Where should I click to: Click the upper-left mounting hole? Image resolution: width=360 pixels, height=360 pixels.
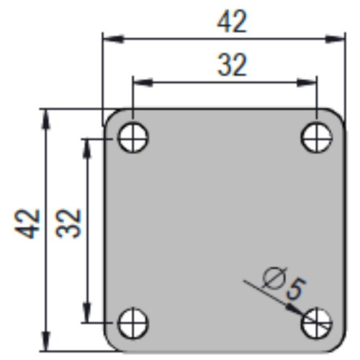133,137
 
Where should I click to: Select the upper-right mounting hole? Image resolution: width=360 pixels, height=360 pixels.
317,137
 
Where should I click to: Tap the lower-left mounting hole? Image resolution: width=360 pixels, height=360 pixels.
133,323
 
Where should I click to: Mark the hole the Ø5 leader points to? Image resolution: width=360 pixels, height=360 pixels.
317,323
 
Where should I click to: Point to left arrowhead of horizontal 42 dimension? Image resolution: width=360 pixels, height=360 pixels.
108,38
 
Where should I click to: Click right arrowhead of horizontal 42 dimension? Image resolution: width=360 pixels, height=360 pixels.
341,38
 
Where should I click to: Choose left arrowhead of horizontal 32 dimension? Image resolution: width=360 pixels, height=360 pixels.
138,81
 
